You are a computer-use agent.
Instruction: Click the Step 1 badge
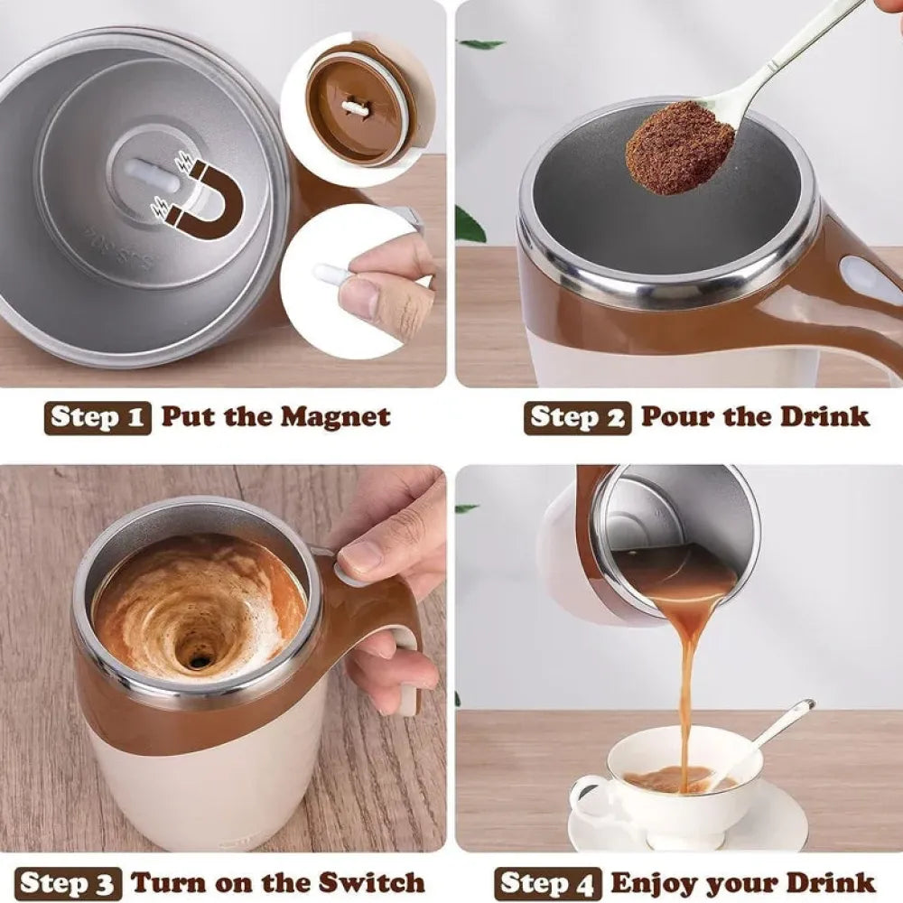tap(98, 417)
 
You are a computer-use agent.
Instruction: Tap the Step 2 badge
tap(578, 417)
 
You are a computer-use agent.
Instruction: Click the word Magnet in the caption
tap(335, 415)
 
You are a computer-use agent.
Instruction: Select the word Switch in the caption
tap(371, 881)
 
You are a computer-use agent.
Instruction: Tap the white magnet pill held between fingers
tap(331, 275)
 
